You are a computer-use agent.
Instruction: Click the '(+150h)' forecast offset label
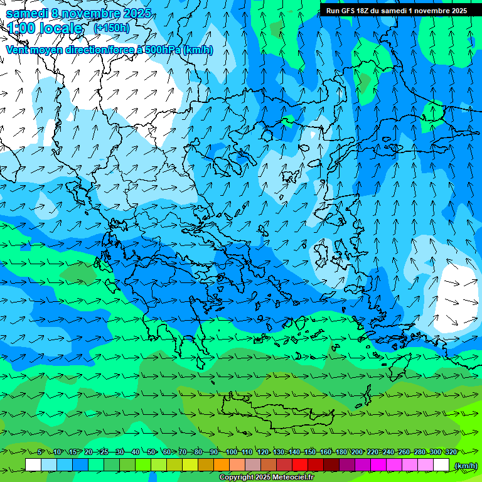point(111,28)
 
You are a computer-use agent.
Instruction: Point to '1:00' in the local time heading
point(21,28)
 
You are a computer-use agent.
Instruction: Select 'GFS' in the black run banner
point(349,11)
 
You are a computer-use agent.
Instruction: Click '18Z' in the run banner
point(367,11)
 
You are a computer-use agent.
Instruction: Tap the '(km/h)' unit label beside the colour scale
point(465,465)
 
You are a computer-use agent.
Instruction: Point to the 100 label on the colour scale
point(232,453)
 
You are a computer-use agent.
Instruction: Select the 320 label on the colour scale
point(451,453)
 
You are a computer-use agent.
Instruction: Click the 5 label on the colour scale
point(40,453)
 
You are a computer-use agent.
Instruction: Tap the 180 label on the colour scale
point(341,453)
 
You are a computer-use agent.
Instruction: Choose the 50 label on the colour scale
point(151,453)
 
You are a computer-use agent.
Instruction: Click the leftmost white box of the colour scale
point(33,465)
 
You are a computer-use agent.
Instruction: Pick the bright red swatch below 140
point(300,465)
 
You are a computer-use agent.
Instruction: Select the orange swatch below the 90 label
point(222,465)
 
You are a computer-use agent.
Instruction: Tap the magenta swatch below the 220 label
point(378,465)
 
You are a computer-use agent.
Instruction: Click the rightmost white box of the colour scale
point(441,465)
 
